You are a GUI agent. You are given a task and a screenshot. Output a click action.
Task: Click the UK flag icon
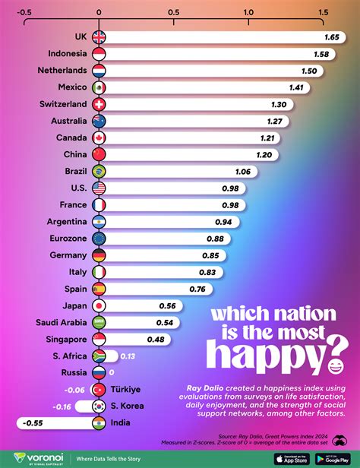(99, 37)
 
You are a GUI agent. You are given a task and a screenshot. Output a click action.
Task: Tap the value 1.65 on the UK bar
(331, 37)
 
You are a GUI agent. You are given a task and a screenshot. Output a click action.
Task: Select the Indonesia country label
(68, 54)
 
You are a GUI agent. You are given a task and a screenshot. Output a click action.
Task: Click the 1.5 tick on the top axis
(323, 12)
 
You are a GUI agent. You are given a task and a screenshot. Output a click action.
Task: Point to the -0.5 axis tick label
(23, 12)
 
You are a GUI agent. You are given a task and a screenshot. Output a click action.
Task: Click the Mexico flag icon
(99, 87)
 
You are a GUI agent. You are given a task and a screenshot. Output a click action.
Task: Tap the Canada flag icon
(99, 138)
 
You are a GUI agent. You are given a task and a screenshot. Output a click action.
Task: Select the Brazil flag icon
(99, 171)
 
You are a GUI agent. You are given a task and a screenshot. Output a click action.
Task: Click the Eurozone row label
(67, 238)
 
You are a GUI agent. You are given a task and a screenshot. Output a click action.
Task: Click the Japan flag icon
(99, 305)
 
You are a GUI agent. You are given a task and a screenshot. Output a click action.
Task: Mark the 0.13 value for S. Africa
(128, 355)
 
